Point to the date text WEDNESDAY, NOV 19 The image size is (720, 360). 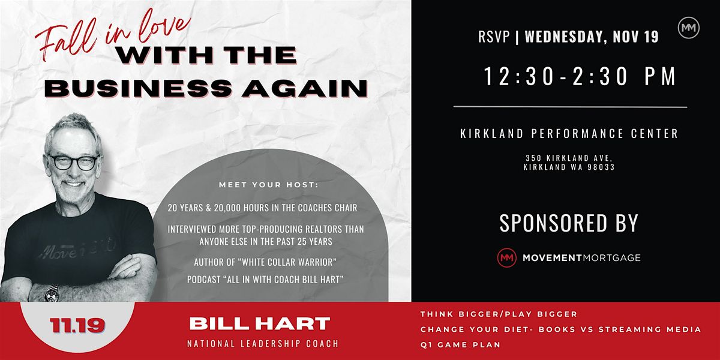pos(592,37)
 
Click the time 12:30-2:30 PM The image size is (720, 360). pos(580,77)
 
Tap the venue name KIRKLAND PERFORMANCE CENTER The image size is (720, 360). pos(569,134)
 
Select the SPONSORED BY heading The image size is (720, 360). pos(569,223)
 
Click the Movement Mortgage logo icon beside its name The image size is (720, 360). pos(507,258)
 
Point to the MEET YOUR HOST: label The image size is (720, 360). pos(269,184)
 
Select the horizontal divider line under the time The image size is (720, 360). pos(570,107)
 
